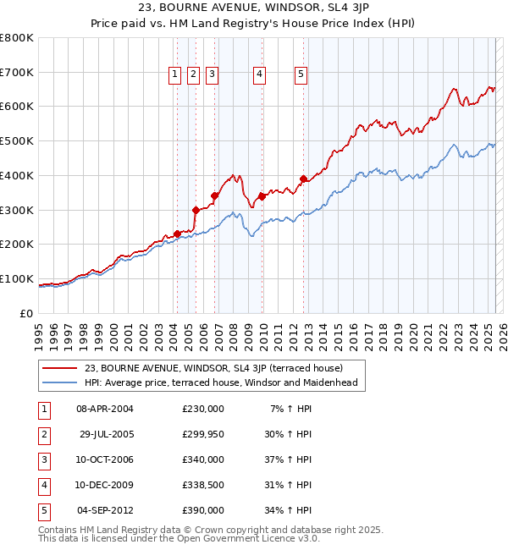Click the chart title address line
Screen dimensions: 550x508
[254, 8]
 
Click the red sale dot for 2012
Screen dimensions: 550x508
[303, 179]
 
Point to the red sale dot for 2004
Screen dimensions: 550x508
[177, 234]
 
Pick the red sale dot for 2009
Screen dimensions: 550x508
[262, 196]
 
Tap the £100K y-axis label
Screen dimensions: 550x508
[17, 278]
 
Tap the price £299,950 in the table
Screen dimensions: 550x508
[202, 434]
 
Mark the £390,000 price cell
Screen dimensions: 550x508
[202, 510]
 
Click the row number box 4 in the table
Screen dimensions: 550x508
[42, 485]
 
